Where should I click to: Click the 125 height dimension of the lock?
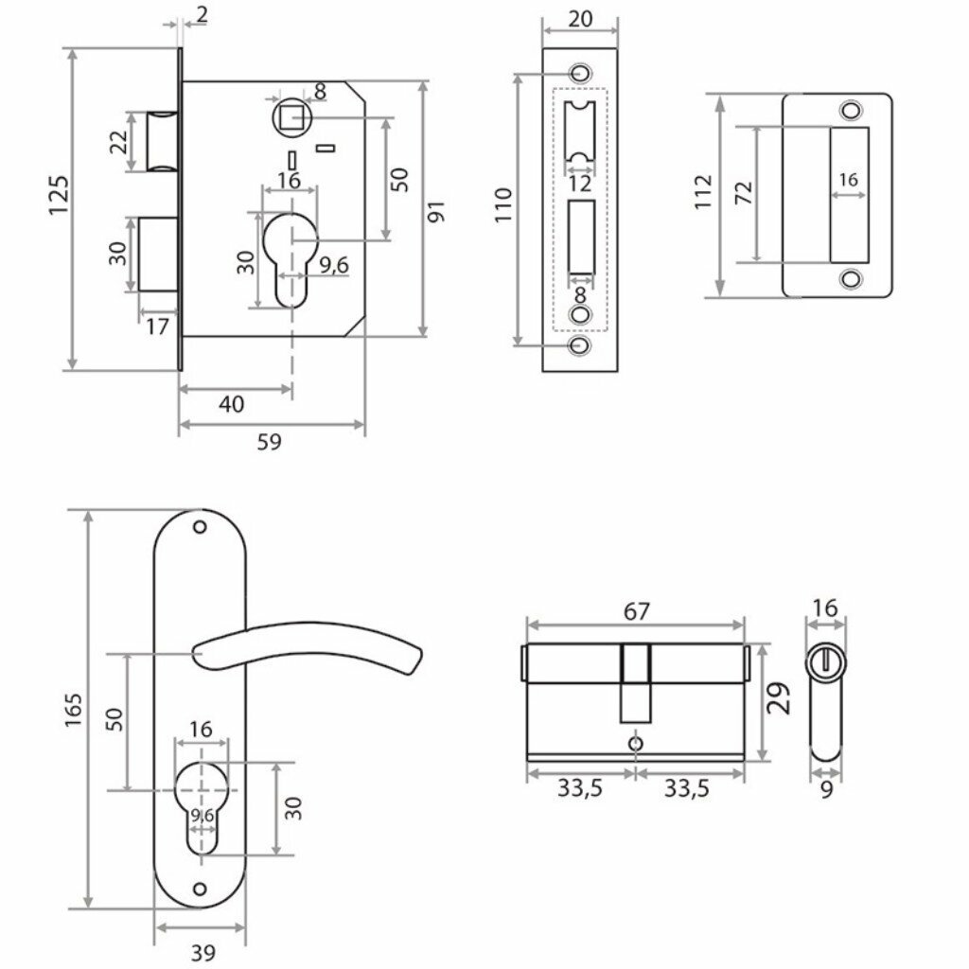point(59,194)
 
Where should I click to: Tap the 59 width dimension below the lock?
point(270,442)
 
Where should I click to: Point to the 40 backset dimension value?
point(231,404)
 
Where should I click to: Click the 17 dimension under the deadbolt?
point(158,327)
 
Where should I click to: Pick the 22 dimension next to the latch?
point(118,143)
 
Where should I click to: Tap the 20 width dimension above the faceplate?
point(581,18)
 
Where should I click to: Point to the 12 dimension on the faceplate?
point(580,183)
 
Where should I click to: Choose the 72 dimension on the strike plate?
point(744,193)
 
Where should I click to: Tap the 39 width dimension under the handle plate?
point(201,953)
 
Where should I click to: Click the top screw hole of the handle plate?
point(199,526)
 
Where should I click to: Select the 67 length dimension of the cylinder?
point(637,610)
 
